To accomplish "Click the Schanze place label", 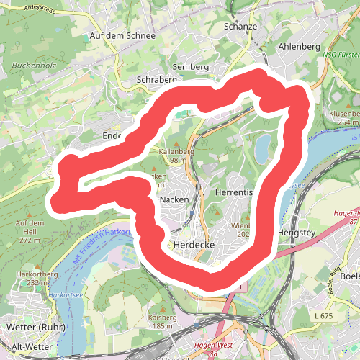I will coord(240,27).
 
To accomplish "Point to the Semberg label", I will coord(190,67).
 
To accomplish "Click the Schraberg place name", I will coord(156,80).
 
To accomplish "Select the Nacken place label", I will coord(174,199).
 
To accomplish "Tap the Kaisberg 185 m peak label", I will coord(162,321).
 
